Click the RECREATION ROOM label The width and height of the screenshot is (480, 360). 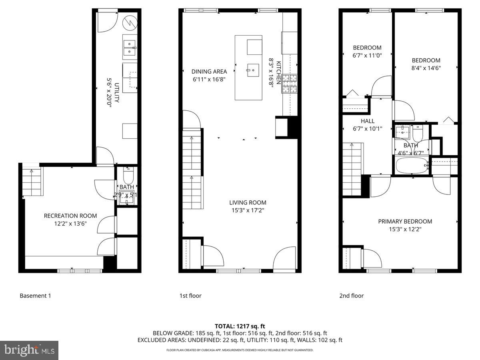point(70,216)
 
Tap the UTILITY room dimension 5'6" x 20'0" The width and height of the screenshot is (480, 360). point(108,92)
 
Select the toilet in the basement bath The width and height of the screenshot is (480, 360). point(128,176)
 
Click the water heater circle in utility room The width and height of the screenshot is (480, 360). point(130,24)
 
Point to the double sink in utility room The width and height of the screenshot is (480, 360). point(130,48)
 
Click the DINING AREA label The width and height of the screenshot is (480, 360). point(209,72)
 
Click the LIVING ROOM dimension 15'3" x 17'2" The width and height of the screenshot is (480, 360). point(247,210)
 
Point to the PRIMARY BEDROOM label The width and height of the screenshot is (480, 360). point(405,221)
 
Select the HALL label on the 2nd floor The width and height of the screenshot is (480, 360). point(368,121)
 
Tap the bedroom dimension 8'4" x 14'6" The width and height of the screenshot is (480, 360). point(426,68)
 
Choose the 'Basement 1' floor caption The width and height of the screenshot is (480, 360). point(35,296)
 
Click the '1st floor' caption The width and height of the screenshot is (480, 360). point(190,296)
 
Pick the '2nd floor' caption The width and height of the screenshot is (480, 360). point(352,296)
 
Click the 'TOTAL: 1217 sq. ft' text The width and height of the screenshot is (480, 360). point(240,326)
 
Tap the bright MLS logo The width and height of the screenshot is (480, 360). point(29,350)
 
